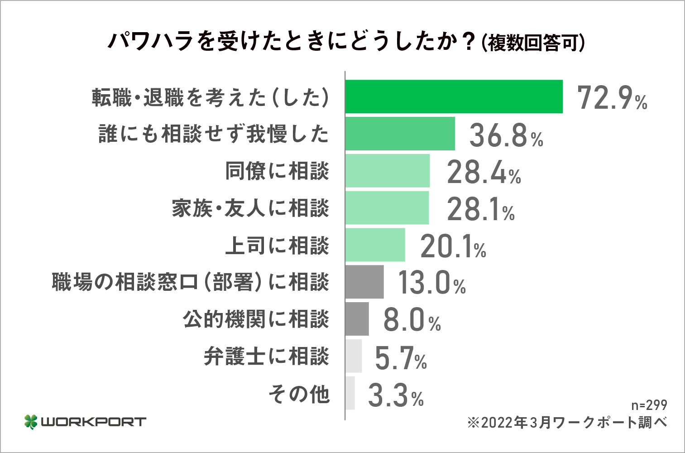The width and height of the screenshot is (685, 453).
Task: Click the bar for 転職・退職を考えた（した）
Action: pos(454,96)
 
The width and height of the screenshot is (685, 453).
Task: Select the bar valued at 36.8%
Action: pos(400,134)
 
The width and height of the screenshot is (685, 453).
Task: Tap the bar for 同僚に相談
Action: pos(387,171)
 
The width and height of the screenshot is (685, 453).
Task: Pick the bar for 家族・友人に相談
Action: pos(387,208)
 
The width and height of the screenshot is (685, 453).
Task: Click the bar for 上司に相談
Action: pos(375,245)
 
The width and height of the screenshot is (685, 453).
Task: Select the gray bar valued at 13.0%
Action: pos(364,282)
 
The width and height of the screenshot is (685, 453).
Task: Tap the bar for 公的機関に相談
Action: pos(357,319)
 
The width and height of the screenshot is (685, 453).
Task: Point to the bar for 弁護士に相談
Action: pos(354,356)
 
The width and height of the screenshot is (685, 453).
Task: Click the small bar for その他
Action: pos(350,393)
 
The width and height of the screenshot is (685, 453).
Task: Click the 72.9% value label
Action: pos(612,97)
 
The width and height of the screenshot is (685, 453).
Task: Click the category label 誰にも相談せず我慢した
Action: pos(214,134)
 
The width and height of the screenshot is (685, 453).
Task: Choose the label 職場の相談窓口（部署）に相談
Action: pos(190,282)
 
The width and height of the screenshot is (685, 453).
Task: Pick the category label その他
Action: pos(299,394)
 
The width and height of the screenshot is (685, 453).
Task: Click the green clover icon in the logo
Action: pos(31,422)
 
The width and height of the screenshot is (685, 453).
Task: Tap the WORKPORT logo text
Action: pos(93,422)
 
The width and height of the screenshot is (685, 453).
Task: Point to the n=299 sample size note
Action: pos(649,405)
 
